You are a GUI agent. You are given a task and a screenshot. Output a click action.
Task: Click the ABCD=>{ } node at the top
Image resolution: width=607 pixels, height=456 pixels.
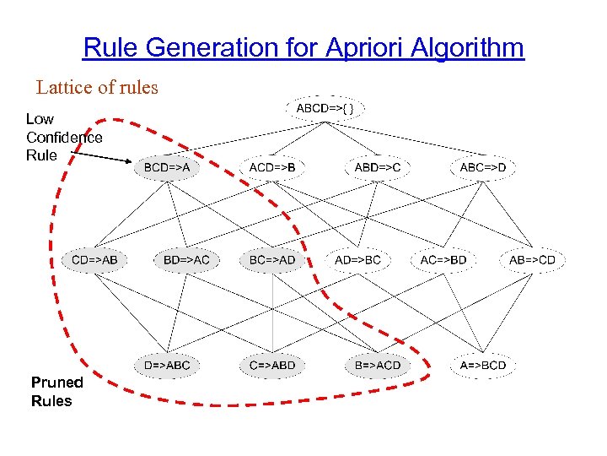[330, 109]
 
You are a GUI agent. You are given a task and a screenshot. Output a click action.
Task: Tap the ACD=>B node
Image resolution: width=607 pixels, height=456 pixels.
[272, 168]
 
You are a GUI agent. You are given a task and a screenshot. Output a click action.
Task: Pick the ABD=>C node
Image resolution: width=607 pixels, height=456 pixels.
[377, 168]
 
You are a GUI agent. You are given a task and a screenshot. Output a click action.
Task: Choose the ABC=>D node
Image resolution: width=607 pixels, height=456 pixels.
[483, 168]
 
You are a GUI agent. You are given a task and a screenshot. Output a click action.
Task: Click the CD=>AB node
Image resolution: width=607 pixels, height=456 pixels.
[94, 259]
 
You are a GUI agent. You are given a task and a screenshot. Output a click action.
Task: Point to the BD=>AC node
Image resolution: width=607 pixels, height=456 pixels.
[186, 259]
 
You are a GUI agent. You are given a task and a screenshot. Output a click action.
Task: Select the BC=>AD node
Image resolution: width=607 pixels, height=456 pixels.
[272, 259]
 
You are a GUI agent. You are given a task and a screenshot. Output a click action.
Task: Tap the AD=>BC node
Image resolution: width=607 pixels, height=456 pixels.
[357, 259]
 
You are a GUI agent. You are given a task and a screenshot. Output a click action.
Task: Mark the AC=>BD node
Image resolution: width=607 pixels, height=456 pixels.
[443, 259]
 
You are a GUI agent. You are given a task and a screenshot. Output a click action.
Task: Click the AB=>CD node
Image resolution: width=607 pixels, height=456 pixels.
[532, 259]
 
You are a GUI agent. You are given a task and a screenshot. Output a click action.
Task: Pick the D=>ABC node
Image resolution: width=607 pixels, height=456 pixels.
[167, 366]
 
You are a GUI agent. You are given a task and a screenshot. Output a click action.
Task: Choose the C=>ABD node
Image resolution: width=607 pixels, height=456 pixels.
[272, 366]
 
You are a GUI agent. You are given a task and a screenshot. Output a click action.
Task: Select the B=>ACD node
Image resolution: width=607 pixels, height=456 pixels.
[377, 366]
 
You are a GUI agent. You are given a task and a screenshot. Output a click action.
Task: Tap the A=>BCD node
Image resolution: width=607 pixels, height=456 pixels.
[483, 366]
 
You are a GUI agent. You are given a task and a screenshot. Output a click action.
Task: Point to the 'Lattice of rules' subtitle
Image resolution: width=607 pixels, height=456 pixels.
[97, 87]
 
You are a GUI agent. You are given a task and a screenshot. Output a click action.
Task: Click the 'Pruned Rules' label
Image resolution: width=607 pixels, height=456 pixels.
[51, 392]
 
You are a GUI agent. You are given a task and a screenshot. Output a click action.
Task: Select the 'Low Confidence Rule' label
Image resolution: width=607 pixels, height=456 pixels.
[64, 137]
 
